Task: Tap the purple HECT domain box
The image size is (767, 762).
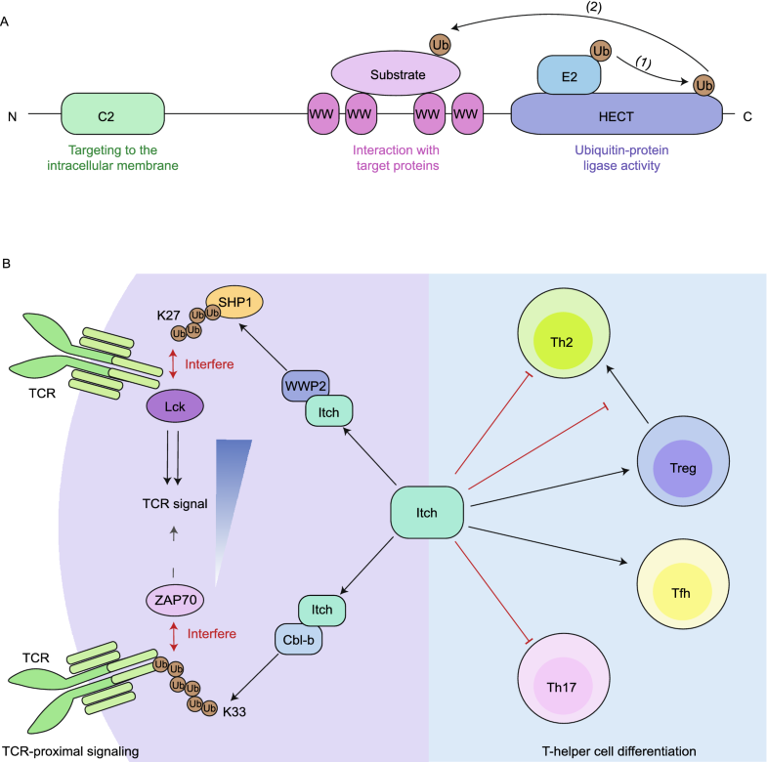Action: pos(617,115)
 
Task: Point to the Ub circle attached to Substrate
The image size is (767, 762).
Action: pos(440,45)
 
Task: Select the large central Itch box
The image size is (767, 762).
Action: pos(426,512)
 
